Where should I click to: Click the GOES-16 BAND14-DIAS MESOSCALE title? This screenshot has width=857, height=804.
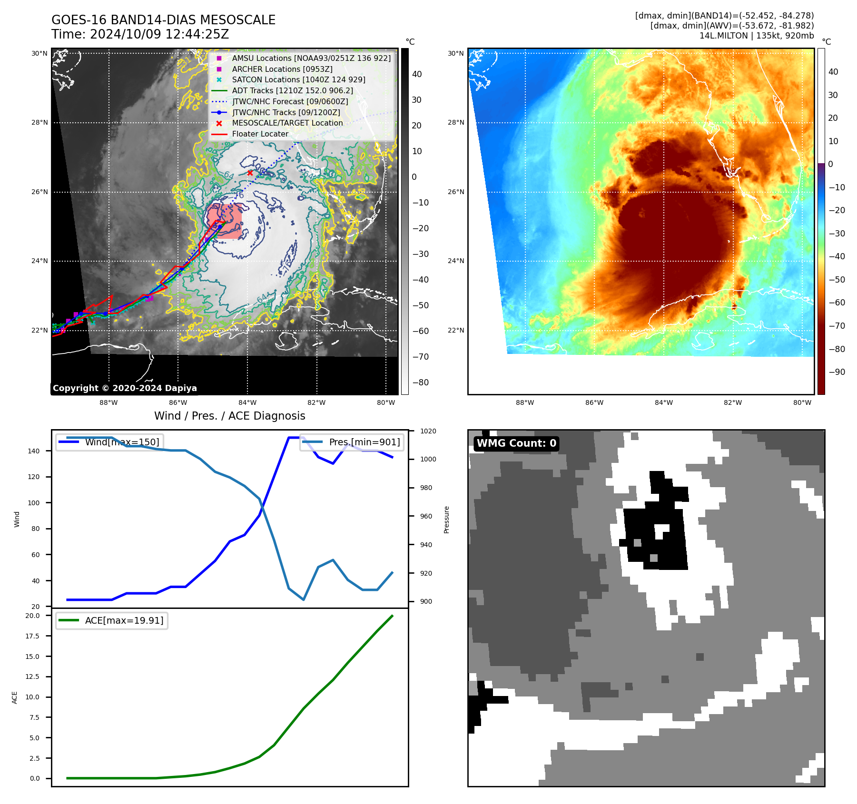coord(163,20)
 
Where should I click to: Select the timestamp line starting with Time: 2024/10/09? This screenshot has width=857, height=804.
coord(140,34)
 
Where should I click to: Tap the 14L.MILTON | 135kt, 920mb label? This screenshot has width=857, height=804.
coord(756,36)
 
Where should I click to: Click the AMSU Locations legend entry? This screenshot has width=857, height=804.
coord(311,58)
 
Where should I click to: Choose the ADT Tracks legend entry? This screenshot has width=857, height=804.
coord(292,90)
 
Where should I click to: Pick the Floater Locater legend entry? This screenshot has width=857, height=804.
coord(260,134)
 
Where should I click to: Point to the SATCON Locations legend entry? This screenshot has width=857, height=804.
coord(298,79)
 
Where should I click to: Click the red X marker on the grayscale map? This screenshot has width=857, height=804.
coord(250,173)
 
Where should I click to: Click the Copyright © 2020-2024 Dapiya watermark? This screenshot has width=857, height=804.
coord(125,388)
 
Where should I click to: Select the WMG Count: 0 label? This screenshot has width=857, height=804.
coord(516,443)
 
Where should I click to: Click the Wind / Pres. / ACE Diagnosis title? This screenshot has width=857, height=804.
coord(229,416)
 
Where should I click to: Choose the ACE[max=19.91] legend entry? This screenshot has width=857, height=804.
coord(124,620)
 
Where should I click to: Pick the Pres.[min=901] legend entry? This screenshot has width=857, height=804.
coord(364,442)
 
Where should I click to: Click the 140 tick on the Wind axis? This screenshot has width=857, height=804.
coord(34,451)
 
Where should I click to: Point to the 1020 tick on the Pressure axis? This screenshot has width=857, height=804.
coord(428,431)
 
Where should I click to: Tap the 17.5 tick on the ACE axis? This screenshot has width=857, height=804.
coord(32,636)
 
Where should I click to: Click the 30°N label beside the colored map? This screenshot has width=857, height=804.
coord(455,53)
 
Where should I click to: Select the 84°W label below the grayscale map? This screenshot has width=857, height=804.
coord(247,402)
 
